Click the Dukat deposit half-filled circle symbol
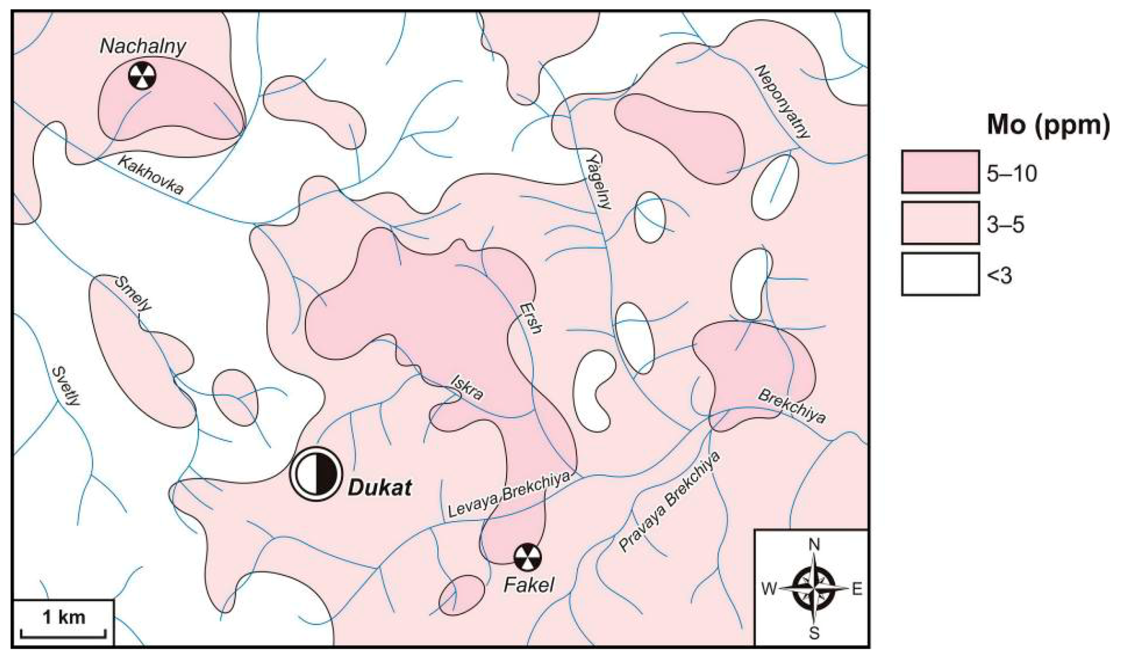pyautogui.click(x=316, y=472)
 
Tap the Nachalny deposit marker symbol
pyautogui.click(x=142, y=76)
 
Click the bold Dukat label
pyautogui.click(x=379, y=487)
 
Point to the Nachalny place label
pyautogui.click(x=143, y=47)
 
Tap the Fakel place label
pyautogui.click(x=529, y=585)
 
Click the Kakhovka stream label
pyautogui.click(x=151, y=175)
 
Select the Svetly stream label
pyautogui.click(x=67, y=386)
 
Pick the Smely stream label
pyautogui.click(x=133, y=294)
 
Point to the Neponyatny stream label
pyautogui.click(x=782, y=101)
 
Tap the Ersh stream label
pyautogui.click(x=531, y=318)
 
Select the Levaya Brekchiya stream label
pyautogui.click(x=510, y=495)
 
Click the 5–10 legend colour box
pyautogui.click(x=940, y=171)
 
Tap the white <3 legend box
pyautogui.click(x=940, y=274)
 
